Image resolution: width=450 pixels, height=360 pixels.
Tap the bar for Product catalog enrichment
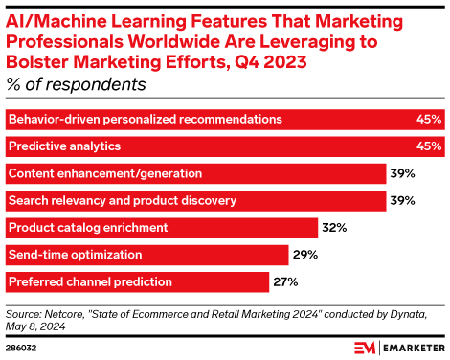(x=162, y=228)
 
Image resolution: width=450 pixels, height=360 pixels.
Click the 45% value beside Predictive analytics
(x=429, y=146)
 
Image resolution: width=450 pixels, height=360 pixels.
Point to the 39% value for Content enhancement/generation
(x=400, y=173)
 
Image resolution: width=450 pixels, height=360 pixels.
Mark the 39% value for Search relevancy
(x=400, y=201)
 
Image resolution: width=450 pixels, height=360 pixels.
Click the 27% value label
(x=285, y=282)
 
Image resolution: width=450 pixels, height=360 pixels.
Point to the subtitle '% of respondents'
(x=77, y=84)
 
